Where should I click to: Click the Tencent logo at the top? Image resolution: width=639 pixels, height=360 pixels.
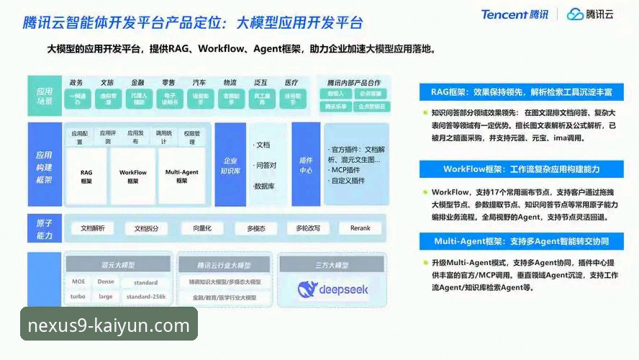pos(515,14)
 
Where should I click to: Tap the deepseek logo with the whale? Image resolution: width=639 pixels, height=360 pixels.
pos(332,289)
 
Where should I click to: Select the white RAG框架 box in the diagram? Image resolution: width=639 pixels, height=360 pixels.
pos(86,176)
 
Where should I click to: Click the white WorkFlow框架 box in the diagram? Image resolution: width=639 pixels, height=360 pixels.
pos(133,176)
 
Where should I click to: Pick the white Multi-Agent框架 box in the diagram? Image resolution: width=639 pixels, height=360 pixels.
pos(181,176)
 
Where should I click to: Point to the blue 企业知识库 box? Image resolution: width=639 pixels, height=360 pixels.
pos(230,166)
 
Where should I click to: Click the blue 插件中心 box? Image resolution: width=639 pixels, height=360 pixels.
pos(306,166)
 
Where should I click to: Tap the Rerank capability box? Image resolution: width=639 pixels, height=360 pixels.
pos(360,228)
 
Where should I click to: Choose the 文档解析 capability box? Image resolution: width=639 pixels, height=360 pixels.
pos(93,228)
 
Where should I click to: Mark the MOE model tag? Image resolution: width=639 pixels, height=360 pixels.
pos(78,282)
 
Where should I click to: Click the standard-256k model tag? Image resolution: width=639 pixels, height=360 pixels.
pos(146,296)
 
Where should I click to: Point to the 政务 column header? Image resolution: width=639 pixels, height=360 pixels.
pos(76,83)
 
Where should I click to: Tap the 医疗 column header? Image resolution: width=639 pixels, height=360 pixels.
pos(291,83)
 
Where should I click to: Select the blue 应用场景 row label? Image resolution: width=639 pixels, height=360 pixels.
pos(45,96)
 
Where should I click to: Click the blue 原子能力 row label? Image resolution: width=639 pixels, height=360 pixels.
pos(45,229)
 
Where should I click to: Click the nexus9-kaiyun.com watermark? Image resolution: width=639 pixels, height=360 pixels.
pos(109,325)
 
